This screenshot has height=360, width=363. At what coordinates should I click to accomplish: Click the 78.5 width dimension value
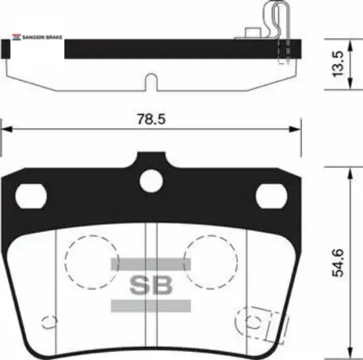(x=151, y=119)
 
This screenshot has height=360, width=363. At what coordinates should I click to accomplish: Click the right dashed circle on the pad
(x=211, y=260)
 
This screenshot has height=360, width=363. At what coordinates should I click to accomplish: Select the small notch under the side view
(x=150, y=82)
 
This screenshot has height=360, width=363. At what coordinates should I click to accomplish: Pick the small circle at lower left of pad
(x=47, y=321)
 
